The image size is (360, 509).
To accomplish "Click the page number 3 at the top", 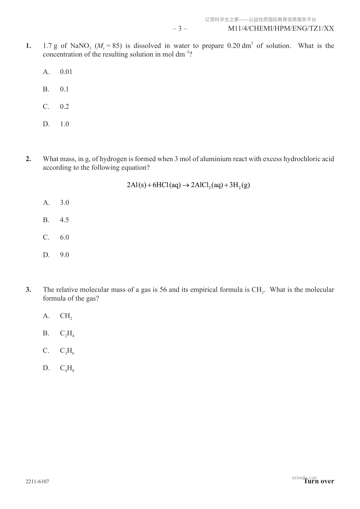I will click(180, 29).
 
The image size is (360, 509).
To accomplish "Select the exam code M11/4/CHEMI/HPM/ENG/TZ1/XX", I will click(281, 29).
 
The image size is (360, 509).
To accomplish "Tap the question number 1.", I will click(28, 46).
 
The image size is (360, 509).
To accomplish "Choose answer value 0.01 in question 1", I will click(66, 72).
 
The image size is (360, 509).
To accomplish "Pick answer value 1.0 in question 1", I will click(64, 124).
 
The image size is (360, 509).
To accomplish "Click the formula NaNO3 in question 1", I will click(80, 46).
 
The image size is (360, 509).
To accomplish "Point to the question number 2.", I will click(28, 159).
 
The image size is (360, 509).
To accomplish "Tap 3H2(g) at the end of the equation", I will click(239, 185).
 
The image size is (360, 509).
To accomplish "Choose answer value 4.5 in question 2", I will click(64, 220).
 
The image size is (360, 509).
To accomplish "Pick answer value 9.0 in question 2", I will click(64, 255).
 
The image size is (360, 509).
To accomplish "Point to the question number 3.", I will click(28, 290).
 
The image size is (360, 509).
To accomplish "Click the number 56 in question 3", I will click(163, 290).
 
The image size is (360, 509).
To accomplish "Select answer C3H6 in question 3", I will click(67, 351).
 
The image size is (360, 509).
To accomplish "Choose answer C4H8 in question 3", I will click(67, 368).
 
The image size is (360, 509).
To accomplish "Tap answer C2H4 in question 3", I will click(67, 334).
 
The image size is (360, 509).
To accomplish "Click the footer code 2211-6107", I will click(37, 481).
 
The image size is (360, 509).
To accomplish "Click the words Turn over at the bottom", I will click(319, 481).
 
